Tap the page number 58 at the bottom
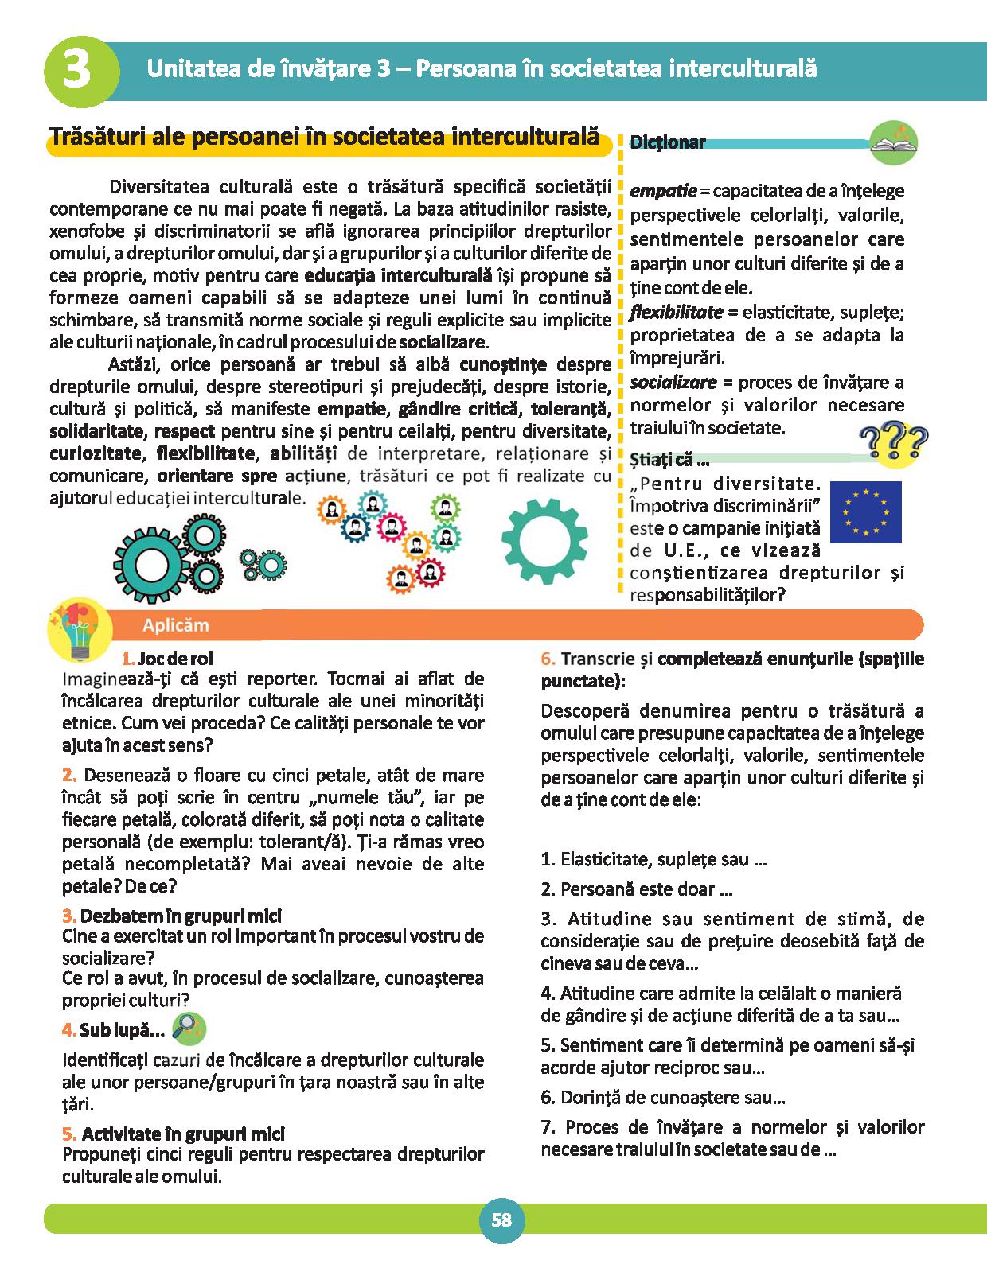click(501, 1219)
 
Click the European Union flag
click(865, 511)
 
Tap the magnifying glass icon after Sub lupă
click(189, 1029)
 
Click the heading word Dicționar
click(668, 143)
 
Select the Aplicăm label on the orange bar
click(175, 625)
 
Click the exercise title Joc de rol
click(175, 659)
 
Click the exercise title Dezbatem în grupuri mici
click(181, 916)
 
